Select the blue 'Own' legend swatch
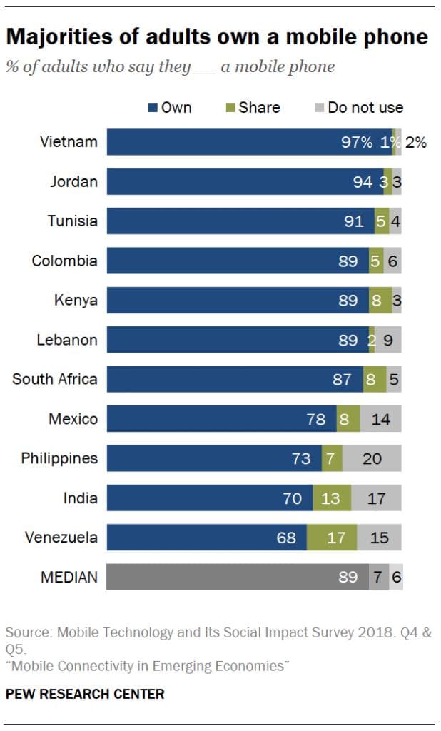tap(153, 108)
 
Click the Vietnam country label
tap(69, 141)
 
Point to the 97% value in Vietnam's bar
tap(356, 142)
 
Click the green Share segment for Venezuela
tap(332, 537)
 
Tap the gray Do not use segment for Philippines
tap(372, 458)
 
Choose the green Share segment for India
tap(332, 498)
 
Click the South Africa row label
tap(55, 379)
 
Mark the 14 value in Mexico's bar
tap(380, 419)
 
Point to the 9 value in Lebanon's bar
tap(387, 340)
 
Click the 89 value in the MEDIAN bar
tap(348, 577)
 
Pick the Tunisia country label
tap(72, 221)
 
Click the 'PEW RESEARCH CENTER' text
tap(85, 693)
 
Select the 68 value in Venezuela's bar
tap(286, 537)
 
